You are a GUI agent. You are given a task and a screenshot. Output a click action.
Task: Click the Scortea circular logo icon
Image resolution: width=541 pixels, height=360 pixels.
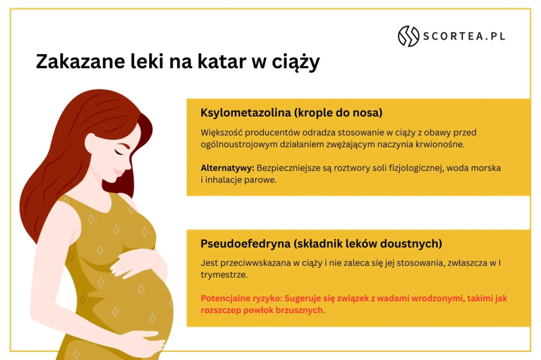(408, 36)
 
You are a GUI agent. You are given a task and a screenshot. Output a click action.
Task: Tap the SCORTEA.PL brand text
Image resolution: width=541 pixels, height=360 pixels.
(464, 36)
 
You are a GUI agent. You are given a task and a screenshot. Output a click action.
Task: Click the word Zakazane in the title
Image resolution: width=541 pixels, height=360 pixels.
(80, 61)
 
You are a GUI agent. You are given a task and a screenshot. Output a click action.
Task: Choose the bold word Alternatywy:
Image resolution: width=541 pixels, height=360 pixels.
(227, 168)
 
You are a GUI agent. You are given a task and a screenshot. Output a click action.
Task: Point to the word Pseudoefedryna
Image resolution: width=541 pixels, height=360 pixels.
(246, 244)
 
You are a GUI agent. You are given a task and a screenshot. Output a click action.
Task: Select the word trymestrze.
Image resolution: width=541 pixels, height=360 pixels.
(224, 275)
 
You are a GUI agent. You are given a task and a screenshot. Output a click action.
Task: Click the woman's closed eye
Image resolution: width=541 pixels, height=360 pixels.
(119, 151)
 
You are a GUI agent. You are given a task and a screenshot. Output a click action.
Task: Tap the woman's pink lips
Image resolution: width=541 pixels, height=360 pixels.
(119, 172)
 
